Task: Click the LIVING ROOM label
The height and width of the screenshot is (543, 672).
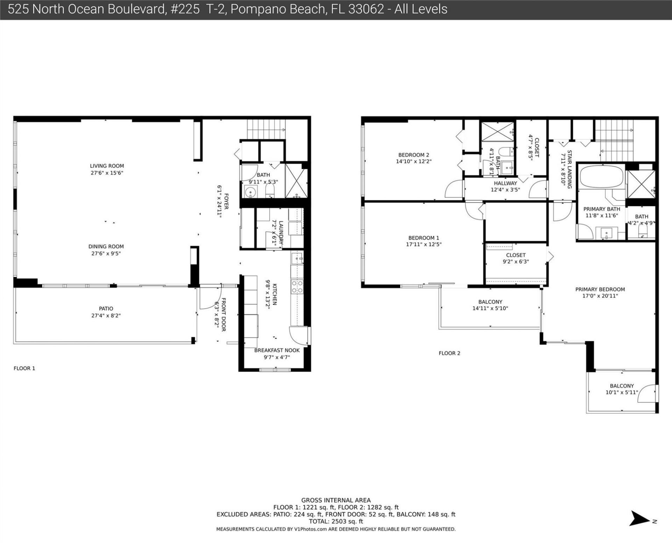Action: [x=107, y=166]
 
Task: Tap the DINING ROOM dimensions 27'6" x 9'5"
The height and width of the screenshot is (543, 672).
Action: [x=106, y=253]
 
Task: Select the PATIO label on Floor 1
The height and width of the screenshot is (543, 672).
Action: [x=106, y=309]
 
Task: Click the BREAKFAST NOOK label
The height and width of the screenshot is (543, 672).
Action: [x=276, y=350]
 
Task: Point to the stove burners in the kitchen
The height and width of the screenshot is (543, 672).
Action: [x=297, y=287]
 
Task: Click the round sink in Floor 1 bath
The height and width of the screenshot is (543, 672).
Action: [x=250, y=192]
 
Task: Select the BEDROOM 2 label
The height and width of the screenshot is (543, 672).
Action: [x=413, y=155]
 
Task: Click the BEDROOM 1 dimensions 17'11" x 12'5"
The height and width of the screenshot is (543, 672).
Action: [x=423, y=245]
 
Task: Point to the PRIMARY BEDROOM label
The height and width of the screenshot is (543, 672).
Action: [x=600, y=289]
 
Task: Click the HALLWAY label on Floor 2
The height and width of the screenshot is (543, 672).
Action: [x=505, y=183]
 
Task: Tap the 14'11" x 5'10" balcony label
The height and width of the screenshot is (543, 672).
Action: [x=490, y=308]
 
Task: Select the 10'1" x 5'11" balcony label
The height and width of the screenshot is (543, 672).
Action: [x=622, y=393]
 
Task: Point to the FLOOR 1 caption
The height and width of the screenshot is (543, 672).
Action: [x=24, y=368]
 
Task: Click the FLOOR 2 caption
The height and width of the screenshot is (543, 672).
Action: [x=449, y=353]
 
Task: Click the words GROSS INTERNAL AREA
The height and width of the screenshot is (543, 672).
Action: [x=336, y=500]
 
